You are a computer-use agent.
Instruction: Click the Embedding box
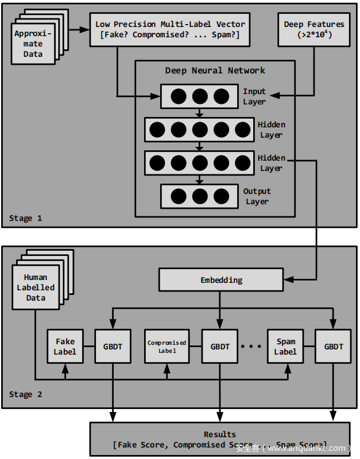(x=221, y=280)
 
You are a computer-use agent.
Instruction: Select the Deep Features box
(x=314, y=30)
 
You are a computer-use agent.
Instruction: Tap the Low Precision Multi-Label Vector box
(x=170, y=30)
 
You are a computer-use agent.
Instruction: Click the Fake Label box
(x=65, y=346)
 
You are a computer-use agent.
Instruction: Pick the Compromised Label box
(x=167, y=347)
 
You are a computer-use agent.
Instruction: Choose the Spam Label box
(x=285, y=347)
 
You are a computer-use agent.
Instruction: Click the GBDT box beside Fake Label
(x=113, y=347)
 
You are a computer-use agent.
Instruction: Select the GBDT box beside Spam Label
(x=334, y=347)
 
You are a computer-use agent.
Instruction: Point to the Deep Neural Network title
(x=215, y=71)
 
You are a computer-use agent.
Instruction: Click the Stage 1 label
(x=25, y=218)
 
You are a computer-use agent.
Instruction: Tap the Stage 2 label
(x=25, y=394)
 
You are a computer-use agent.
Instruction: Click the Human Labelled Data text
(x=36, y=287)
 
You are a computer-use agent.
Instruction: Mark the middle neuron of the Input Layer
(x=199, y=96)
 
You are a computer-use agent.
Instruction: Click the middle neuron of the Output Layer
(x=199, y=196)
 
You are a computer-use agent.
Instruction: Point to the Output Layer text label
(x=257, y=196)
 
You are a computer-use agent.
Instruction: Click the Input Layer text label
(x=254, y=96)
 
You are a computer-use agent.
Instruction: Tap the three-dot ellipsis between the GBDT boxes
(x=252, y=347)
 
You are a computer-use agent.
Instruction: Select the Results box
(x=220, y=439)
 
